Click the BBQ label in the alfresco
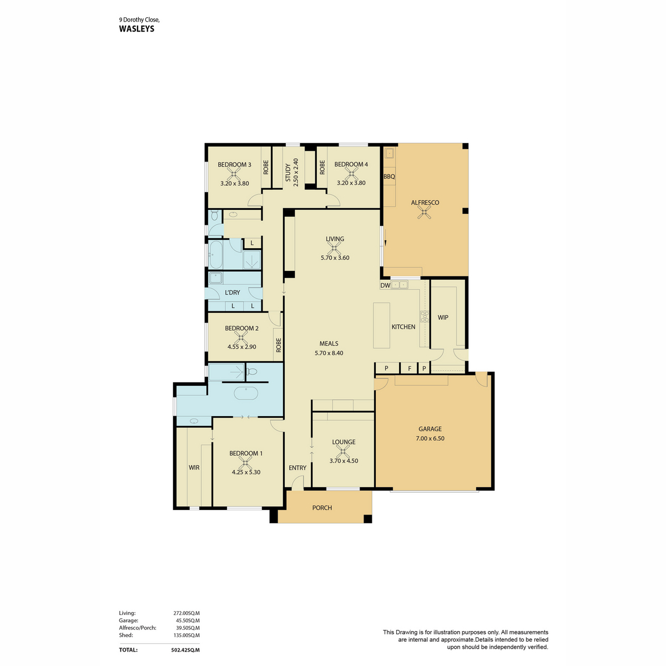(x=389, y=176)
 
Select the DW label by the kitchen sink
(x=385, y=285)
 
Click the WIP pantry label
(x=443, y=317)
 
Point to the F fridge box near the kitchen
(x=410, y=368)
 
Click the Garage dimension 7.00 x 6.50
(x=430, y=438)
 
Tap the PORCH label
(x=322, y=508)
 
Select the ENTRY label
(x=297, y=468)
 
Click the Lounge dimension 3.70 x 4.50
(x=344, y=461)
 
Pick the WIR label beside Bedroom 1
(x=194, y=468)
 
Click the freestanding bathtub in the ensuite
(x=246, y=393)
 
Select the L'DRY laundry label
(x=233, y=292)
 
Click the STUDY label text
(x=288, y=173)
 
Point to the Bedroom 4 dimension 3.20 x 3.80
(x=351, y=183)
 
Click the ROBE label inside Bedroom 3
(x=266, y=167)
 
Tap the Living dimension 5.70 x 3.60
(x=335, y=258)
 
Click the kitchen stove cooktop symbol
(x=425, y=317)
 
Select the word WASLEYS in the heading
(x=137, y=29)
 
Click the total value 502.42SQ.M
(x=185, y=649)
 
